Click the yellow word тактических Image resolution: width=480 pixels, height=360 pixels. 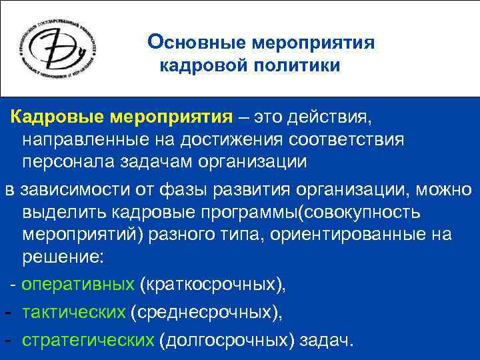coord(73,312)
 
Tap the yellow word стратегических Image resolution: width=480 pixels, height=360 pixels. coord(87,340)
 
